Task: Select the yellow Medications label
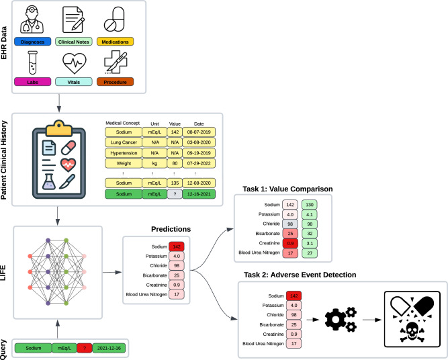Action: (115, 42)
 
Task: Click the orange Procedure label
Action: (115, 82)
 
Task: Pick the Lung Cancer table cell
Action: (125, 143)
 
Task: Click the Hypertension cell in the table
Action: (125, 153)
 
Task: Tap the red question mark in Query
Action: (84, 349)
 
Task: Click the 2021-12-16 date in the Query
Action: (109, 349)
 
